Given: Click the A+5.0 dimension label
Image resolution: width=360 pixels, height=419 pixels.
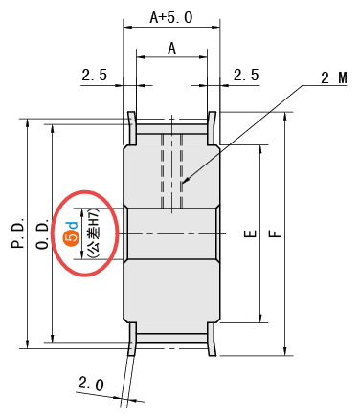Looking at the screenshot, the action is click(x=171, y=17).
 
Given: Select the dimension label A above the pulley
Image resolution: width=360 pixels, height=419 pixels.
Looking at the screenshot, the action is click(x=172, y=49).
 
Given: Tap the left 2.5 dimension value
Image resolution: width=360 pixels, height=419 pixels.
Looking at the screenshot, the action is click(x=95, y=76).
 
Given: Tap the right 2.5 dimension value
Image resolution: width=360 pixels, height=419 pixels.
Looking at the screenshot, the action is click(x=246, y=76).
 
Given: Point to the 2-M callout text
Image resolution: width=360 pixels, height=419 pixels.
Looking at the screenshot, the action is click(x=334, y=78).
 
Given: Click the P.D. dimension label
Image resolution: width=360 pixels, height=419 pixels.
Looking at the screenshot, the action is click(x=18, y=233).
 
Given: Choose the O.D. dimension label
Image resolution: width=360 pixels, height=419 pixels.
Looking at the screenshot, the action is click(x=42, y=233).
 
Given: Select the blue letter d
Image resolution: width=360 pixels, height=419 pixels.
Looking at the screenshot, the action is click(x=73, y=225).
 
